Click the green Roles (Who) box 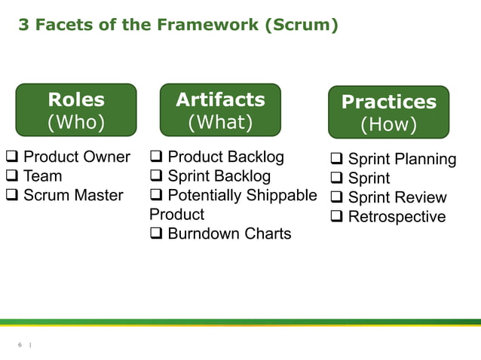(x=76, y=110)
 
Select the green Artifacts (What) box (x=220, y=110)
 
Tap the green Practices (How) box (x=388, y=112)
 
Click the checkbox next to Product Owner (x=12, y=157)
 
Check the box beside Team (x=12, y=177)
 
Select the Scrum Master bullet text (x=73, y=196)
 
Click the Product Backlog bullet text (x=225, y=157)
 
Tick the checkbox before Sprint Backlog (x=156, y=177)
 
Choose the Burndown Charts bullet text (x=228, y=234)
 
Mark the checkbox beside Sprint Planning (x=336, y=160)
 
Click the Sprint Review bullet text (x=397, y=198)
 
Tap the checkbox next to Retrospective (x=336, y=218)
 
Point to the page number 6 (x=20, y=345)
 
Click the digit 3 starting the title (x=23, y=25)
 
